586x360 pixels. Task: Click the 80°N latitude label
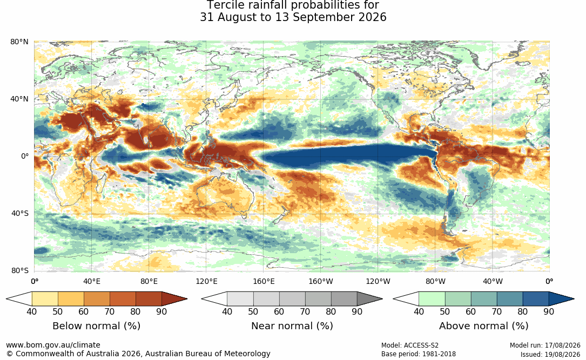pyautogui.click(x=19, y=42)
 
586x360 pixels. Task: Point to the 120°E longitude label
pyautogui.click(x=206, y=281)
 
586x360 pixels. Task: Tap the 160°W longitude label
pyautogui.click(x=321, y=281)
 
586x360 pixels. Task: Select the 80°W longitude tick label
pyautogui.click(x=435, y=281)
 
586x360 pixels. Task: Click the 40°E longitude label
pyautogui.click(x=92, y=281)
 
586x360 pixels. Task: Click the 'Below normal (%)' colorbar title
pyautogui.click(x=97, y=326)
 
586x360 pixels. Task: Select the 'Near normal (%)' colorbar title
pyautogui.click(x=292, y=326)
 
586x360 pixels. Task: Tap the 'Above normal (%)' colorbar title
pyautogui.click(x=483, y=326)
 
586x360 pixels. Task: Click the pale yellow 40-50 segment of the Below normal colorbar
pyautogui.click(x=45, y=299)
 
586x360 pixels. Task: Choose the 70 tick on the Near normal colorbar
pyautogui.click(x=305, y=311)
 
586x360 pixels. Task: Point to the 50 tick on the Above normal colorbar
pyautogui.click(x=444, y=311)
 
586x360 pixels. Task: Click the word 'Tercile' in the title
pyautogui.click(x=225, y=5)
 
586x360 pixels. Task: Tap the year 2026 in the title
pyautogui.click(x=372, y=18)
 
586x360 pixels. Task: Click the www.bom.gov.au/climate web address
pyautogui.click(x=53, y=345)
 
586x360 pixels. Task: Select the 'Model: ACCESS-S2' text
pyautogui.click(x=410, y=345)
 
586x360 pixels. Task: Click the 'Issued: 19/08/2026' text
pyautogui.click(x=550, y=354)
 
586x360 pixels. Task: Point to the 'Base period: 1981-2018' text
pyautogui.click(x=419, y=354)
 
